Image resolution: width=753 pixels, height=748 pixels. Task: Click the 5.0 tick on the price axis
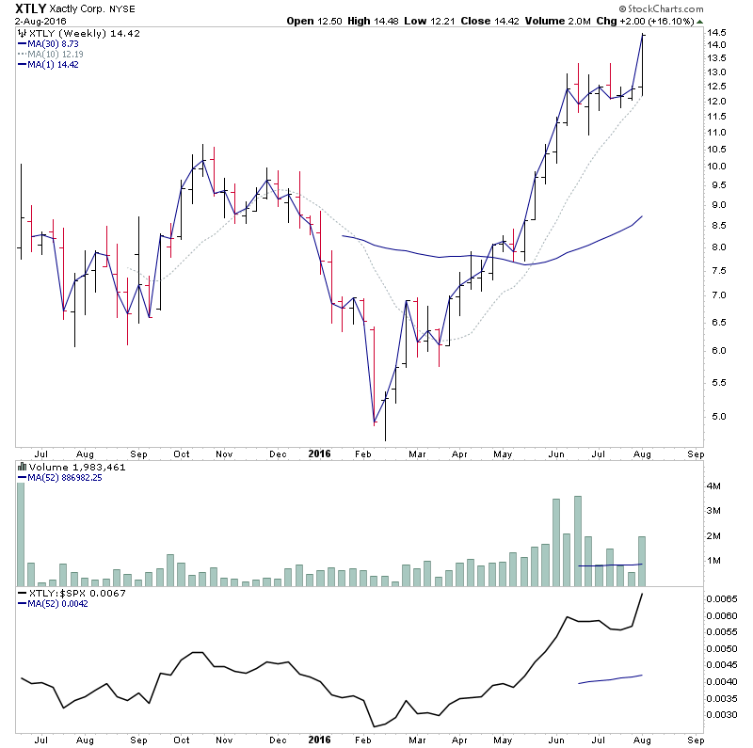[718, 416]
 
